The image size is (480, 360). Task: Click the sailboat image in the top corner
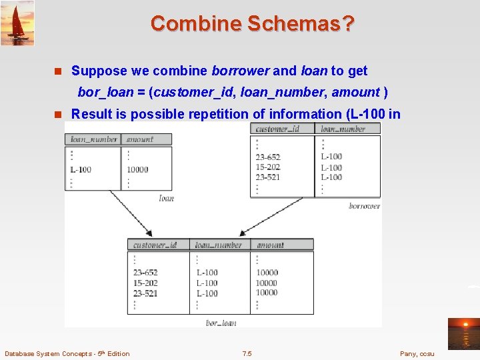[x=17, y=23]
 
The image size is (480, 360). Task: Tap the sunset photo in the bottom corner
[x=463, y=333]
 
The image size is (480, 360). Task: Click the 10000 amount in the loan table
[x=137, y=169]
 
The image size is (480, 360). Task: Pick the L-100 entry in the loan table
[x=81, y=169]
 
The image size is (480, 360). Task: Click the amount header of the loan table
[x=139, y=139]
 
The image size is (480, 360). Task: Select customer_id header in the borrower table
[x=278, y=129]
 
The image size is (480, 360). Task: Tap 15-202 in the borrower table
[x=268, y=167]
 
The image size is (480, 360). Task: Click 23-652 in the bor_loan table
[x=145, y=273]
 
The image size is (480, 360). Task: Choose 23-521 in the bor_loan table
[x=145, y=293]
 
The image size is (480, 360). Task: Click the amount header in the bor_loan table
[x=270, y=245]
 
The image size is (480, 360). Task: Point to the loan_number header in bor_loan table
[x=218, y=245]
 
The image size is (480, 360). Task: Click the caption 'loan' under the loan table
[x=166, y=198]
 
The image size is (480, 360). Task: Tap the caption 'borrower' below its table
[x=364, y=206]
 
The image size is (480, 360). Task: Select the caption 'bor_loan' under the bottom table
[x=221, y=323]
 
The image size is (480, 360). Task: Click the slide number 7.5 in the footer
[x=247, y=353]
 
